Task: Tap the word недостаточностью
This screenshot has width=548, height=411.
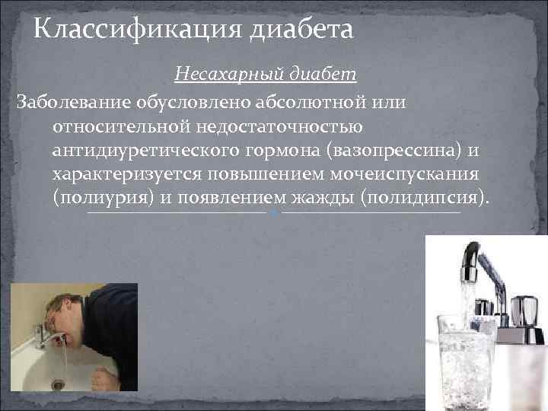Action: [x=286, y=126]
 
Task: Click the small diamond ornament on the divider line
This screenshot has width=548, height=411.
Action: [x=274, y=213]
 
